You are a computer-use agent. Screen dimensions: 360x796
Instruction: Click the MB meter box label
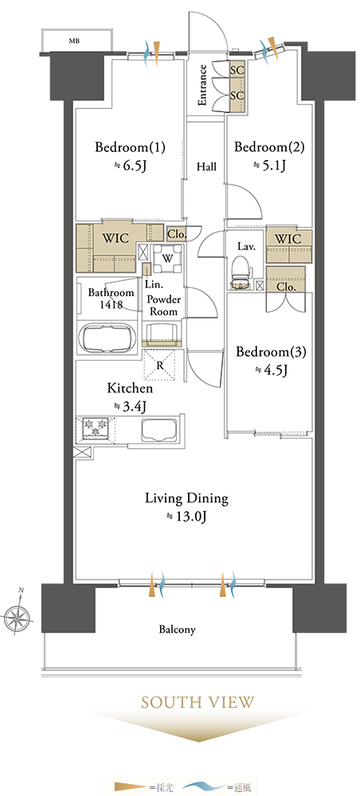[x=75, y=41]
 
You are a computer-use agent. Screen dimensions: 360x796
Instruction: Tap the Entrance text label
[x=202, y=85]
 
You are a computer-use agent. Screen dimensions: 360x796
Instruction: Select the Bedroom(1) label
[x=131, y=148]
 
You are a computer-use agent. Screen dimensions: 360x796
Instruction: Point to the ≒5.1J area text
[x=269, y=166]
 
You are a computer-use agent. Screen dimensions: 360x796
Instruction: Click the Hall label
[x=206, y=166]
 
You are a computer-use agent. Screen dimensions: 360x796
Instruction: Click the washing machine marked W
[x=167, y=258]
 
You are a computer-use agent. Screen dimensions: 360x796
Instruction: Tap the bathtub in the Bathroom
[x=108, y=338]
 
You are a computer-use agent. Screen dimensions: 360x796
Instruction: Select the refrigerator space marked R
[x=160, y=365]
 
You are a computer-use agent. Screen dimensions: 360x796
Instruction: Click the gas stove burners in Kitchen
[x=96, y=427]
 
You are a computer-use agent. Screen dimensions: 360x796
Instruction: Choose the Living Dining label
[x=187, y=498]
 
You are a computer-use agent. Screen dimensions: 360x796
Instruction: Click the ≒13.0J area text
[x=186, y=517]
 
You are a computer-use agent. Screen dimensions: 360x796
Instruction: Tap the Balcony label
[x=177, y=630]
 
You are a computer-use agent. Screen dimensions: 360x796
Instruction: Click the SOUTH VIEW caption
[x=198, y=703]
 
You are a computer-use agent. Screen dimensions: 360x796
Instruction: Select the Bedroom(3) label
[x=271, y=353]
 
